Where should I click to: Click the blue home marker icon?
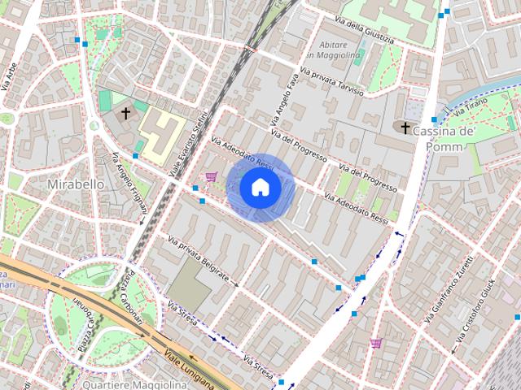pyautogui.click(x=260, y=188)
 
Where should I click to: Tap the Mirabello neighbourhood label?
pyautogui.click(x=76, y=184)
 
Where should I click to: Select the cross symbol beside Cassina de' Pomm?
pyautogui.click(x=405, y=127)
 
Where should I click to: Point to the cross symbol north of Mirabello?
pyautogui.click(x=126, y=113)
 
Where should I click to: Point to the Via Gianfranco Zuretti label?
pyautogui.click(x=448, y=292)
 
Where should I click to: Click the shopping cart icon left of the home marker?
pyautogui.click(x=212, y=176)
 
